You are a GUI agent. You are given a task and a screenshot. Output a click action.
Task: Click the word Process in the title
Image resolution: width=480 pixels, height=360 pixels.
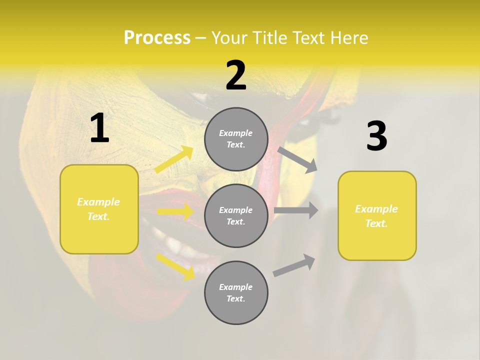(157, 38)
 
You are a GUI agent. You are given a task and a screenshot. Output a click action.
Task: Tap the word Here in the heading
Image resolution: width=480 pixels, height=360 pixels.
(349, 38)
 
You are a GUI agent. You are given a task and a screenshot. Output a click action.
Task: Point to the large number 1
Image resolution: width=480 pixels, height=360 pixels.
(99, 128)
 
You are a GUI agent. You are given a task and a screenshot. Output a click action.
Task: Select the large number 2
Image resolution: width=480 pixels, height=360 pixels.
(236, 75)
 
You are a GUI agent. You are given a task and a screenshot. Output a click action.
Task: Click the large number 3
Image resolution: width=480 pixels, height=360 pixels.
(377, 136)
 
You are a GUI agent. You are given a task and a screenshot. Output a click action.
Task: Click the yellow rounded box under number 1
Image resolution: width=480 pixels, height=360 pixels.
(99, 209)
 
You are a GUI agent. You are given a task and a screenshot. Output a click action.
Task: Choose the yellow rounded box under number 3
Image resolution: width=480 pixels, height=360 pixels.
(377, 216)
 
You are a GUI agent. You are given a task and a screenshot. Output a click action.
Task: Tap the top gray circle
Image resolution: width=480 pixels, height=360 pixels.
(236, 139)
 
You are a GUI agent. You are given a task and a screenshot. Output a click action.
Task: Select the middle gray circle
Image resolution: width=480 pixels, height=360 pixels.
(236, 215)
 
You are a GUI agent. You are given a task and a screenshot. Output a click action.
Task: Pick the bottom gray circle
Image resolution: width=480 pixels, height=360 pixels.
(236, 292)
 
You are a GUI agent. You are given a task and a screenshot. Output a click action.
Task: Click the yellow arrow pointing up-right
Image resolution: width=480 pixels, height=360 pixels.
(174, 159)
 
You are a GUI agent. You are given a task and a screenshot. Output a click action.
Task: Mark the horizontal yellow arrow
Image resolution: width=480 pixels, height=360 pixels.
(175, 212)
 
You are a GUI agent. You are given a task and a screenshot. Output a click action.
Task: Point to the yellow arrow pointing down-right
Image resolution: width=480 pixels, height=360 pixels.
(175, 266)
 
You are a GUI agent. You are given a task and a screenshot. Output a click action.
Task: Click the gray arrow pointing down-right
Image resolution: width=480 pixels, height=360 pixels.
(297, 159)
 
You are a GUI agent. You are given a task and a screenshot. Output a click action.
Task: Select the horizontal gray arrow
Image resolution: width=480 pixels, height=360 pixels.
(296, 210)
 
